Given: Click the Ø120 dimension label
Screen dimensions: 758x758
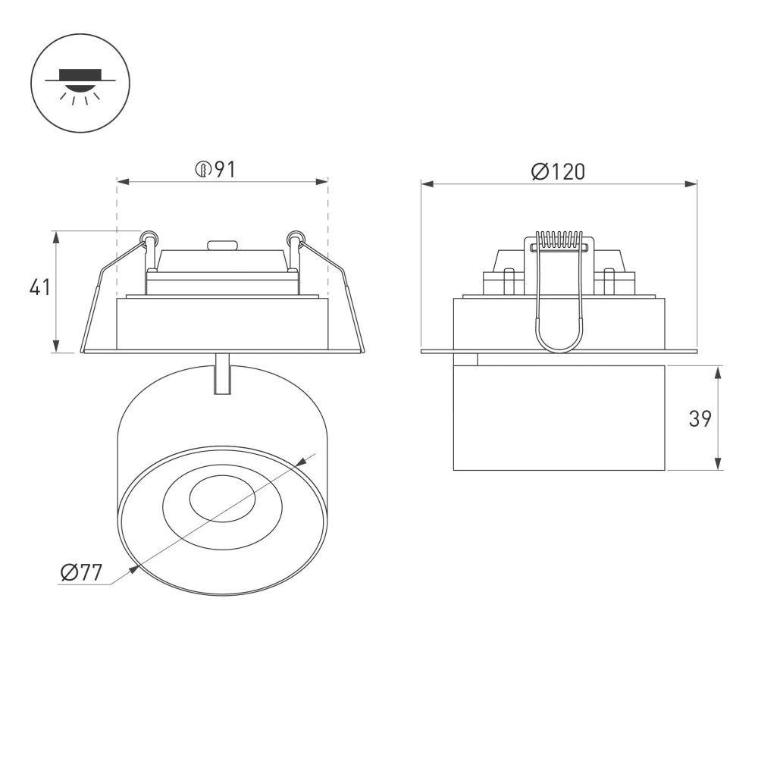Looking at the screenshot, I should point(558,172).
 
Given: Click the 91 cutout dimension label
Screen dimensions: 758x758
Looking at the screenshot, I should point(216,170).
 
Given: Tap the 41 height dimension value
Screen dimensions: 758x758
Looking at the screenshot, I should point(39,288).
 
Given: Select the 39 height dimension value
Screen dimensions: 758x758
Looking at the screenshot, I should point(700,418).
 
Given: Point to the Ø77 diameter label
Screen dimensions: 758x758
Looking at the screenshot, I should point(81,573).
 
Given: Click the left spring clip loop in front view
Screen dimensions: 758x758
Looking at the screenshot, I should point(149,239).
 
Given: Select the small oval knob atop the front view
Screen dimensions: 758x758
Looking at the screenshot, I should point(222,246).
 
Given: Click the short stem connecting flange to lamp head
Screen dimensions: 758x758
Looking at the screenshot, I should point(222,373).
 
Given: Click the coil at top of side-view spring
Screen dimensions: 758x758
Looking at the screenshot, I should point(559,240).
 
